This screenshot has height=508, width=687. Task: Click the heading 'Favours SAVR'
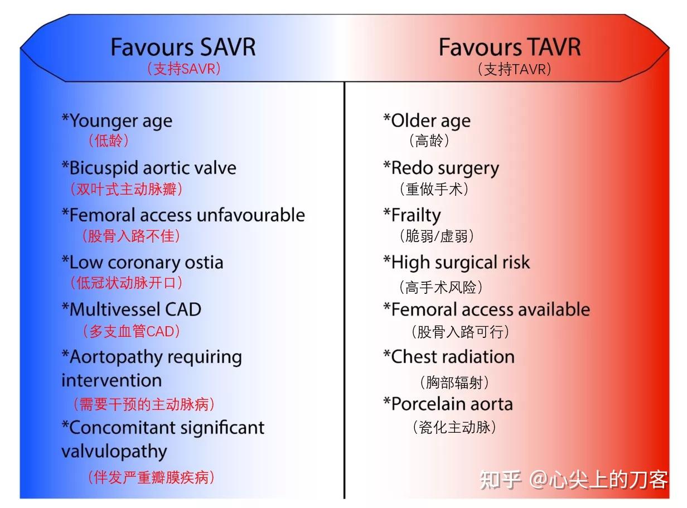point(183,47)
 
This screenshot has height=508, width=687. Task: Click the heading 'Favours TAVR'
point(510,47)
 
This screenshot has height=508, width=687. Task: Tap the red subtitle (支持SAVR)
point(183,69)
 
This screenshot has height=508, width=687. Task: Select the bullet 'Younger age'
point(117,121)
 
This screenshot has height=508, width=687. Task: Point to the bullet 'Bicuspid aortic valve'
point(149,168)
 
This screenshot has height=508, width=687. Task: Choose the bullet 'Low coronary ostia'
point(142,263)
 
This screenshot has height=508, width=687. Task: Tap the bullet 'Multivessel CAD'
point(132,309)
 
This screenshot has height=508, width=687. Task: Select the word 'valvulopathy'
point(114,451)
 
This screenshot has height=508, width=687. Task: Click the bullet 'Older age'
point(427,121)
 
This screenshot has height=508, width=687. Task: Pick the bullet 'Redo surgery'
point(441,168)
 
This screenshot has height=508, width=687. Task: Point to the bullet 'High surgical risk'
point(456,263)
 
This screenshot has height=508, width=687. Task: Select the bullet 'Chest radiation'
point(449,357)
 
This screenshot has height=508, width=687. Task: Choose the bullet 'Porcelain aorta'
point(448,404)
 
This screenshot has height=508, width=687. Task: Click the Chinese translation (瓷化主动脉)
point(454,428)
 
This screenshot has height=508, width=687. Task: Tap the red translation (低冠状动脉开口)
point(127,283)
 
